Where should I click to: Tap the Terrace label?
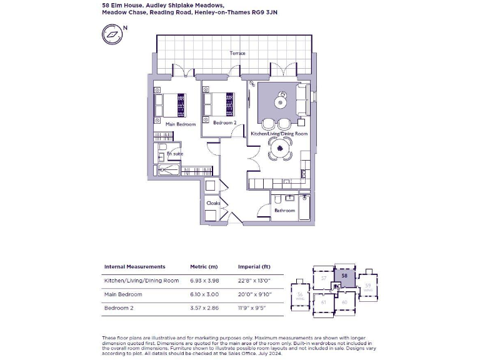tap(237, 53)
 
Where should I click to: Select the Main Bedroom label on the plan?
tap(180, 124)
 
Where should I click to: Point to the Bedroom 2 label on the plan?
tap(224, 123)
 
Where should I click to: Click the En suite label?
tap(174, 153)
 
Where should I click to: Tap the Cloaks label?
tap(212, 203)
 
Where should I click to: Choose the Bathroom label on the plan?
tap(284, 211)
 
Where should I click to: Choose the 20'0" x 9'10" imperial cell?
tap(254, 294)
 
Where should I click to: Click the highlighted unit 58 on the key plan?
tap(345, 275)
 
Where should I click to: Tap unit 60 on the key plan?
tap(344, 302)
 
